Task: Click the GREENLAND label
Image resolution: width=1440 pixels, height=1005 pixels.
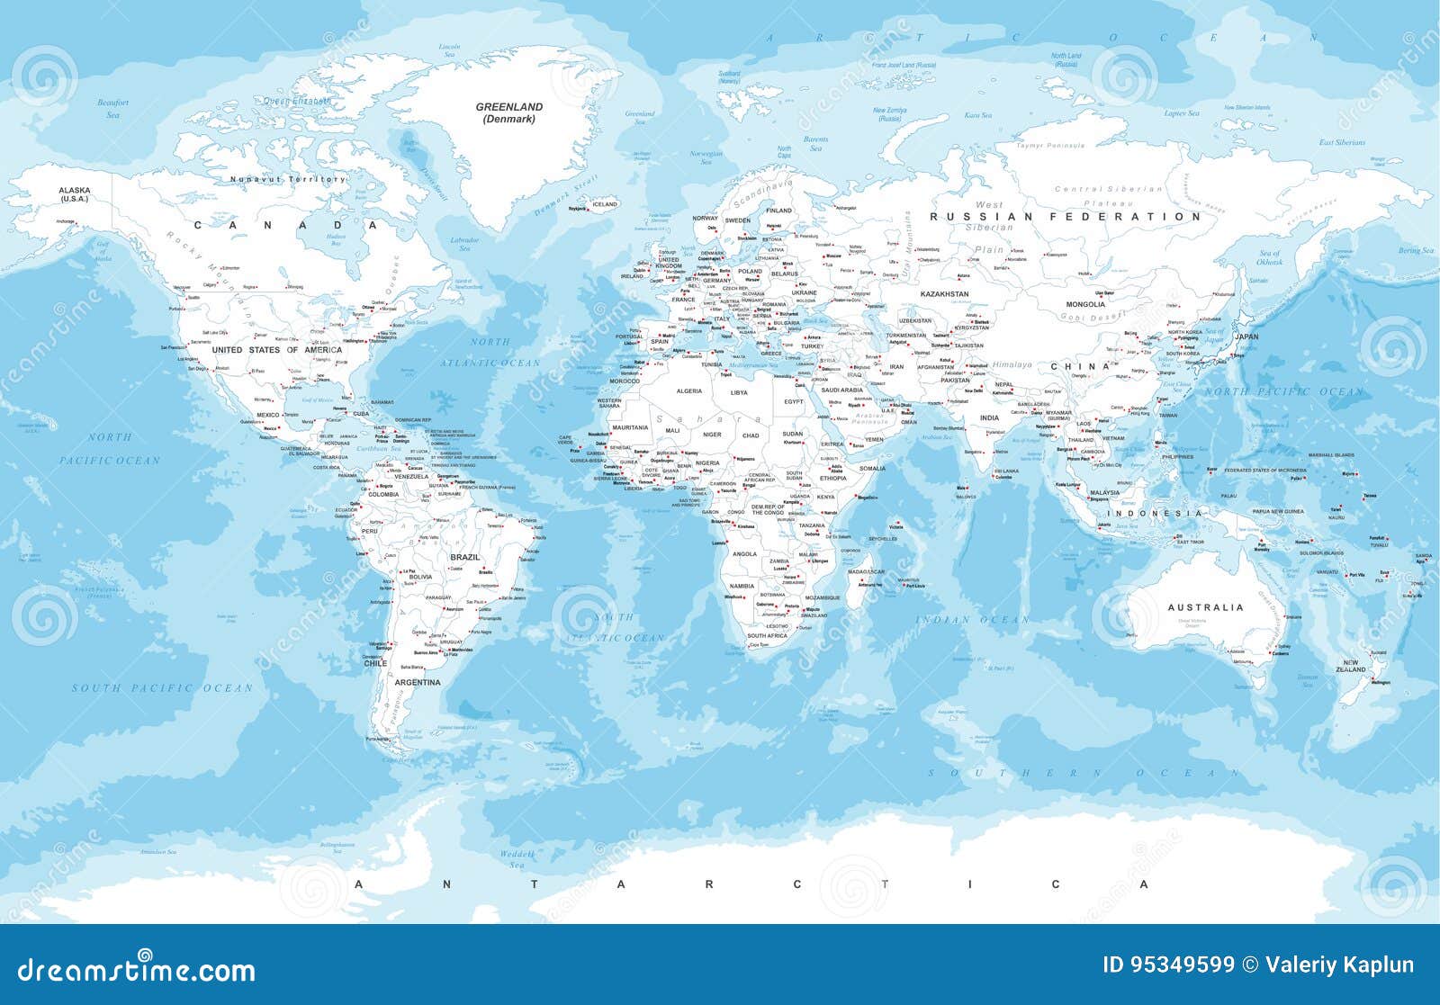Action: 509,107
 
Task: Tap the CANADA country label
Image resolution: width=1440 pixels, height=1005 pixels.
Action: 285,225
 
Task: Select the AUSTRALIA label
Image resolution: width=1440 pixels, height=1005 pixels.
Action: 1205,607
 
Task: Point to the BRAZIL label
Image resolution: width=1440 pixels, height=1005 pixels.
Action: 465,557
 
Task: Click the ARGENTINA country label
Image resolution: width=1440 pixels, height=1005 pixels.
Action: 418,682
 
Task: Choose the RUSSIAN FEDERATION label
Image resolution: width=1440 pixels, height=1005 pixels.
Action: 1066,217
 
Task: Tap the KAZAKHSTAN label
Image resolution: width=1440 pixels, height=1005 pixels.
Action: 944,294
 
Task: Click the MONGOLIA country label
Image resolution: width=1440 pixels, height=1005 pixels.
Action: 1085,304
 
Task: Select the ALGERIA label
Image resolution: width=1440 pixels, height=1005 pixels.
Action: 688,391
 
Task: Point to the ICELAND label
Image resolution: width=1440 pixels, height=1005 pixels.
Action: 605,204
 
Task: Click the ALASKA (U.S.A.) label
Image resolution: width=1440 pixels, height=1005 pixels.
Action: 75,194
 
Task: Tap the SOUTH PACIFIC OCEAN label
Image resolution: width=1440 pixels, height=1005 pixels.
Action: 163,688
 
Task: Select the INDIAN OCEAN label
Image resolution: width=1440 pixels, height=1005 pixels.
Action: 972,620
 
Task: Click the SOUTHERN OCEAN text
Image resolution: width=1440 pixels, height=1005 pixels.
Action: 1084,773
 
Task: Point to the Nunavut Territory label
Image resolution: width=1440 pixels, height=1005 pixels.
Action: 287,179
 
